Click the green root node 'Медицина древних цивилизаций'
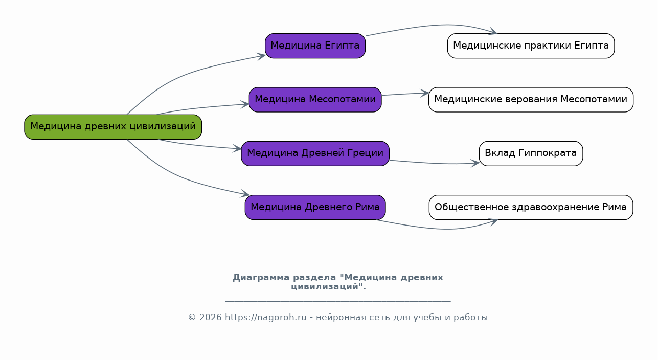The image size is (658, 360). click(x=113, y=127)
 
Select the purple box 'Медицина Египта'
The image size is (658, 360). click(x=315, y=46)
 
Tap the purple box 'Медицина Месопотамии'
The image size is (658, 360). click(x=315, y=100)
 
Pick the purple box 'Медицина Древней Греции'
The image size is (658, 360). click(x=315, y=153)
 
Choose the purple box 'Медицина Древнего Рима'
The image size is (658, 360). click(x=315, y=208)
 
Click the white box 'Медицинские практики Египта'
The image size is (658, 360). click(x=531, y=46)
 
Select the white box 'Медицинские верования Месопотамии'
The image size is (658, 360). click(x=531, y=100)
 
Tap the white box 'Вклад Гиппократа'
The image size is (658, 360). click(x=531, y=153)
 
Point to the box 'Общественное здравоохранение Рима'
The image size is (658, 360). click(x=531, y=208)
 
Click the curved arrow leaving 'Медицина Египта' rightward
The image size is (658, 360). click(x=435, y=25)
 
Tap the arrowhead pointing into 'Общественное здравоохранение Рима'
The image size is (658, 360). click(x=493, y=221)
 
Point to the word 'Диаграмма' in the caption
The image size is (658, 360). click(x=260, y=278)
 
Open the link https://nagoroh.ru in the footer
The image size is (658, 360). click(x=265, y=318)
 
